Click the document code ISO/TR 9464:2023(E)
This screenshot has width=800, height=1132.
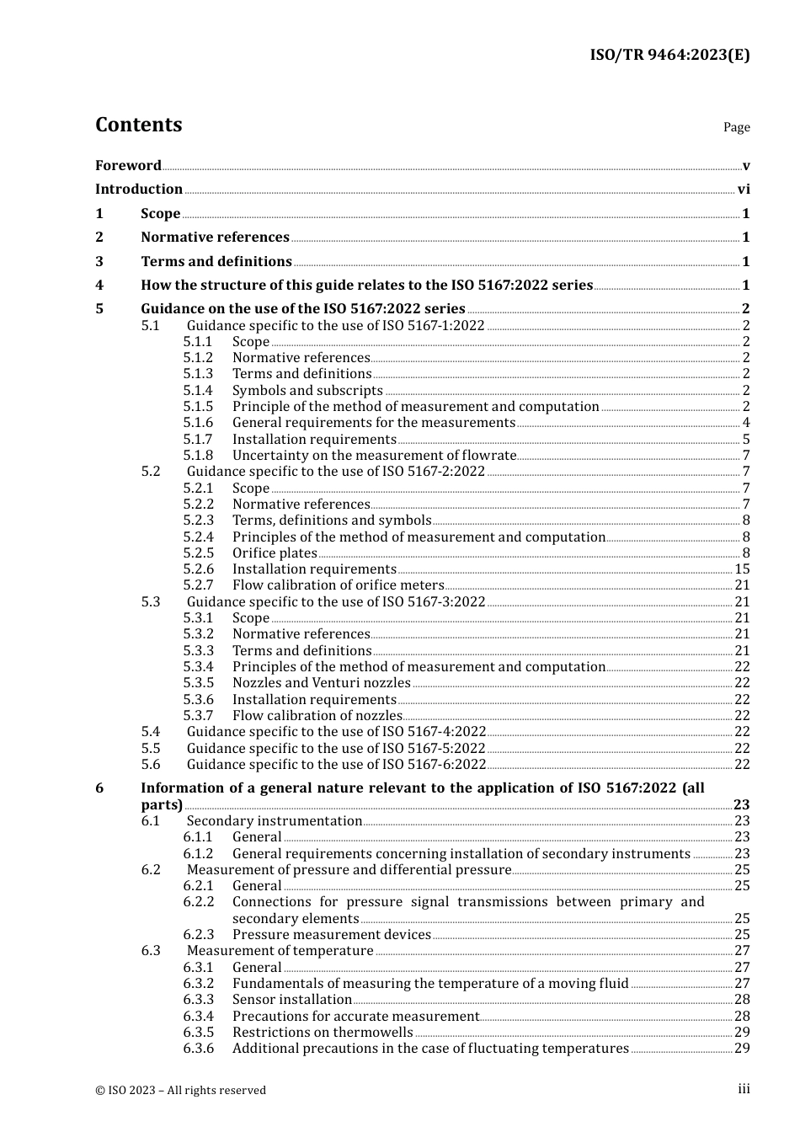(669, 55)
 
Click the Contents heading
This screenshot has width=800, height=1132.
(138, 125)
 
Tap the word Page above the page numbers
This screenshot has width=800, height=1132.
(736, 127)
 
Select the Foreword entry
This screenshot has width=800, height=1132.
(128, 166)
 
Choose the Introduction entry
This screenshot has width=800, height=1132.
(139, 190)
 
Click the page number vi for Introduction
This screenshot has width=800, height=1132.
(744, 190)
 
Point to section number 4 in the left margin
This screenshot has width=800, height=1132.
(99, 286)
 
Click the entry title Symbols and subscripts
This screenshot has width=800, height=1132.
(307, 391)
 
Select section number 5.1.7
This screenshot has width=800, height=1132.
(198, 440)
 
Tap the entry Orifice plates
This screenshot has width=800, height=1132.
(275, 553)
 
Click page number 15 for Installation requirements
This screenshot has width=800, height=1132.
(742, 569)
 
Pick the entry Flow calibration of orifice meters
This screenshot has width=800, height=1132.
(338, 585)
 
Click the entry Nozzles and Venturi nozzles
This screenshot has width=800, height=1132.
(321, 683)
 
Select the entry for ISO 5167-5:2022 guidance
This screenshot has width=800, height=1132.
(336, 749)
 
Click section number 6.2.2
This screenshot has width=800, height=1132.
(199, 902)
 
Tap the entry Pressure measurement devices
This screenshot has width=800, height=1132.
(331, 935)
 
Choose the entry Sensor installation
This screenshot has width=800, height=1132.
(291, 1000)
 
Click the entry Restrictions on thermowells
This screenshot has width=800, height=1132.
(323, 1033)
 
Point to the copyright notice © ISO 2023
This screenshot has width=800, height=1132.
(180, 1091)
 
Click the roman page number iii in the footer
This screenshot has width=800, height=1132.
(744, 1089)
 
